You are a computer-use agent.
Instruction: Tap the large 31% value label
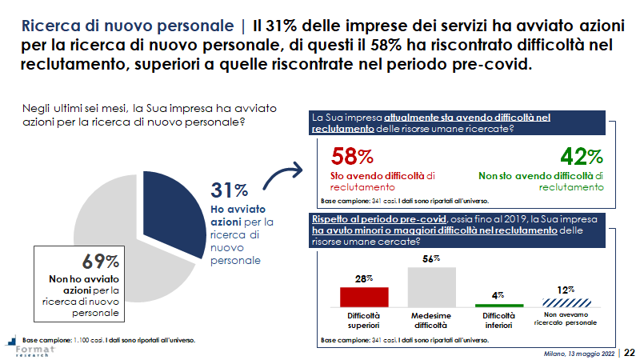pyautogui.click(x=229, y=190)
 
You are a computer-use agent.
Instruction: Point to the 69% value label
pyautogui.click(x=101, y=261)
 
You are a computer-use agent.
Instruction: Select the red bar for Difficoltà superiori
pyautogui.click(x=364, y=297)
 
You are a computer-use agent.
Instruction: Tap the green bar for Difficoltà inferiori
pyautogui.click(x=498, y=306)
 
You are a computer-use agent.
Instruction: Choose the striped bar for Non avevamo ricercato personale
pyautogui.click(x=566, y=302)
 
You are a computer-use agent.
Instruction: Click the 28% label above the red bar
pyautogui.click(x=364, y=278)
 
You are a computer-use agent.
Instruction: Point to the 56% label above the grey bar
pyautogui.click(x=432, y=258)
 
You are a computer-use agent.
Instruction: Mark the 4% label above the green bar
pyautogui.click(x=498, y=295)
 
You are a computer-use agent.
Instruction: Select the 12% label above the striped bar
pyautogui.click(x=566, y=289)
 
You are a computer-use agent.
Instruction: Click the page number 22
pyautogui.click(x=630, y=352)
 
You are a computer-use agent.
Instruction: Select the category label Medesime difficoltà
pyautogui.click(x=432, y=321)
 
